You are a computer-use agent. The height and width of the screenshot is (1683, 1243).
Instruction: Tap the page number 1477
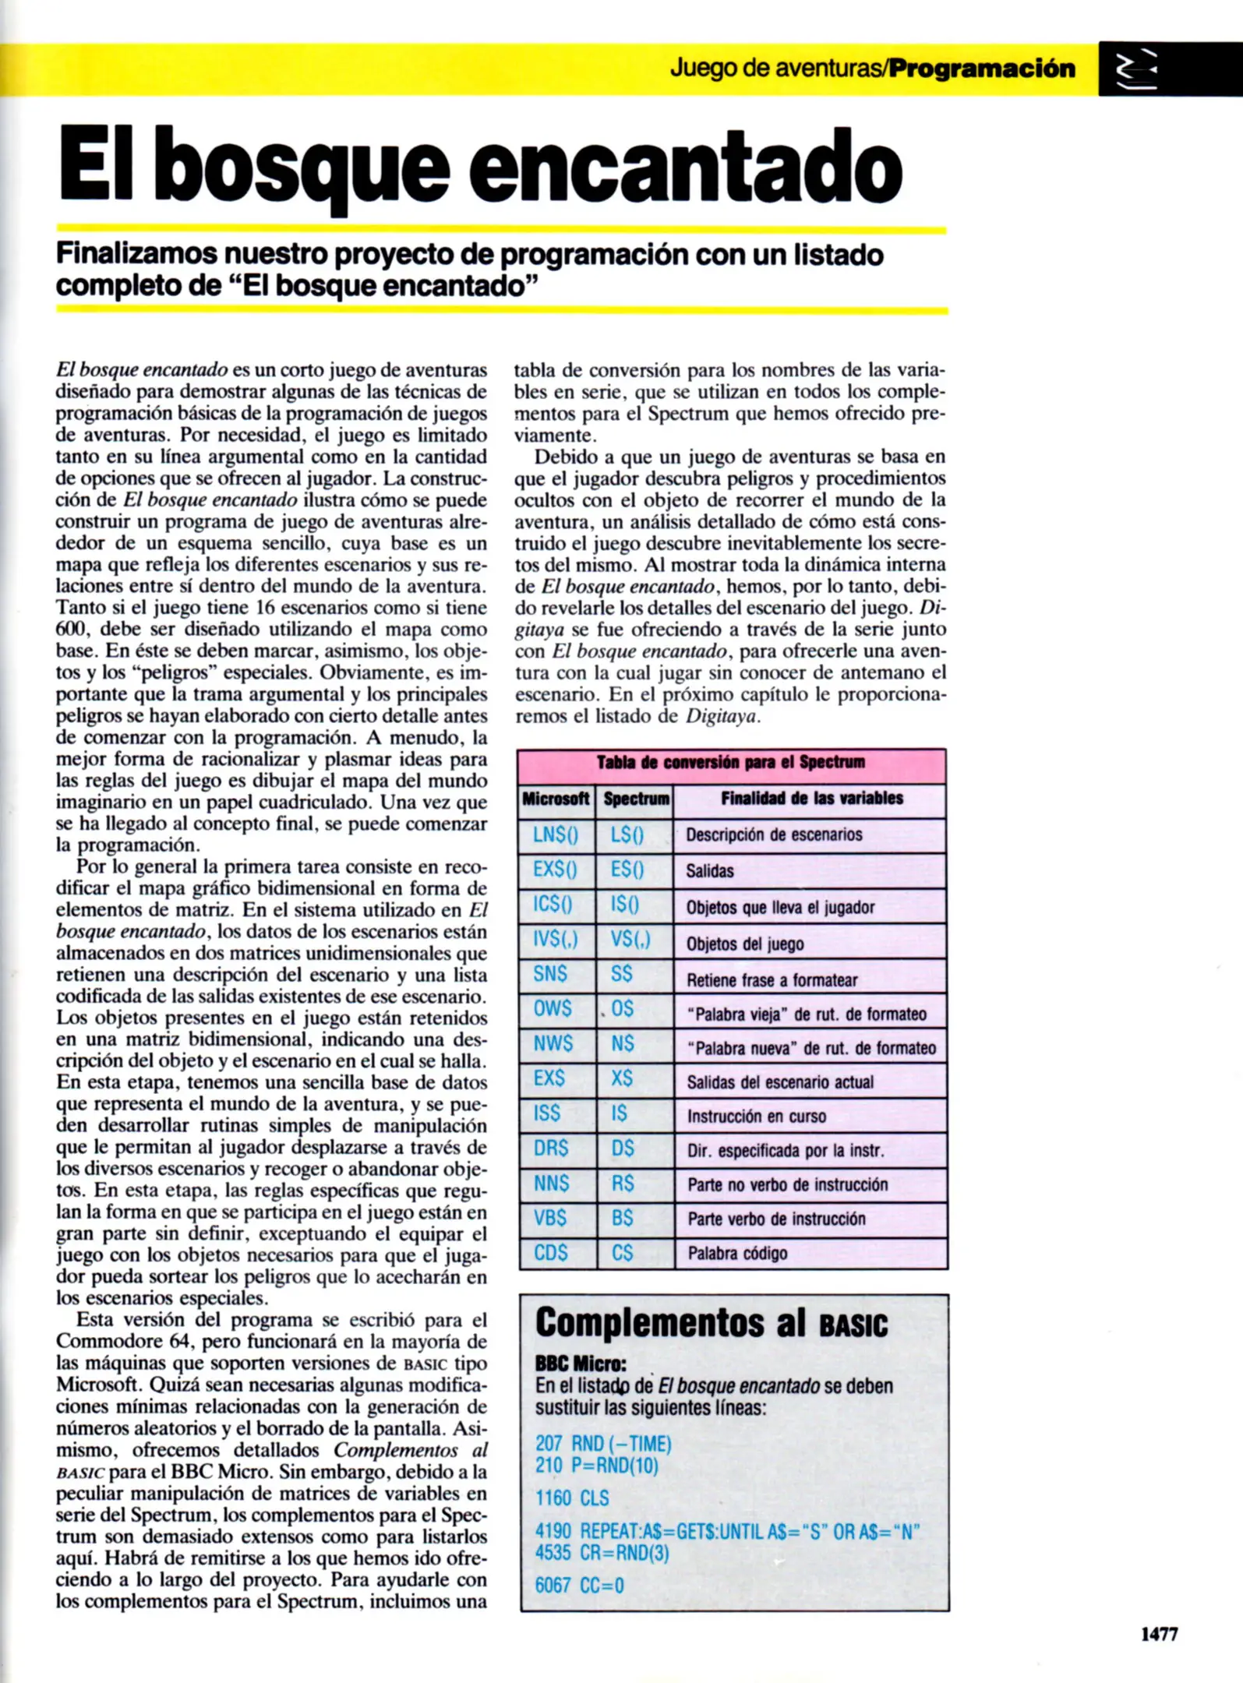(x=1159, y=1634)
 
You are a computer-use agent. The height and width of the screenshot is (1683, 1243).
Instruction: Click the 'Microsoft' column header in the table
(x=556, y=799)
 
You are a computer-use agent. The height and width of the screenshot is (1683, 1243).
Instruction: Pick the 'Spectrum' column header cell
(x=636, y=799)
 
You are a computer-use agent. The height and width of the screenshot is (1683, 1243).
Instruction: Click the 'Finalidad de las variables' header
(x=811, y=798)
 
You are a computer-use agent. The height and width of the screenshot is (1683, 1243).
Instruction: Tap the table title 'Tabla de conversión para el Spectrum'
(x=731, y=762)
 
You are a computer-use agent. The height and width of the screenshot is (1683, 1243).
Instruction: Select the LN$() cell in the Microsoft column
(x=556, y=834)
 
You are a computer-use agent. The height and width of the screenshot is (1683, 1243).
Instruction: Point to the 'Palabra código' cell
(x=737, y=1253)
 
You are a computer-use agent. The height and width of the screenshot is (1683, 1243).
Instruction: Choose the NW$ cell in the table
(x=553, y=1043)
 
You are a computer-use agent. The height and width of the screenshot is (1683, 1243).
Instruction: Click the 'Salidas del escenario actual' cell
(x=780, y=1081)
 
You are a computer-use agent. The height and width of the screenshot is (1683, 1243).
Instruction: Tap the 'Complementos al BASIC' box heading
(x=711, y=1322)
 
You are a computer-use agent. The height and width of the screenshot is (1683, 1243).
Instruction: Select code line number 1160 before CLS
(x=553, y=1498)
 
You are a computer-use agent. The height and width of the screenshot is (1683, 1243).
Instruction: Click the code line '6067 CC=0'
(x=579, y=1585)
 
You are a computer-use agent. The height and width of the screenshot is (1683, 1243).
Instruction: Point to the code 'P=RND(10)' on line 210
(x=615, y=1466)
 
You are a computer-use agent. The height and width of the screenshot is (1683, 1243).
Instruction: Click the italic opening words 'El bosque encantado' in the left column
(x=142, y=369)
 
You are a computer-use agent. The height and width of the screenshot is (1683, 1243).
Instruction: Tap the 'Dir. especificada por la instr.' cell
(x=786, y=1151)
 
